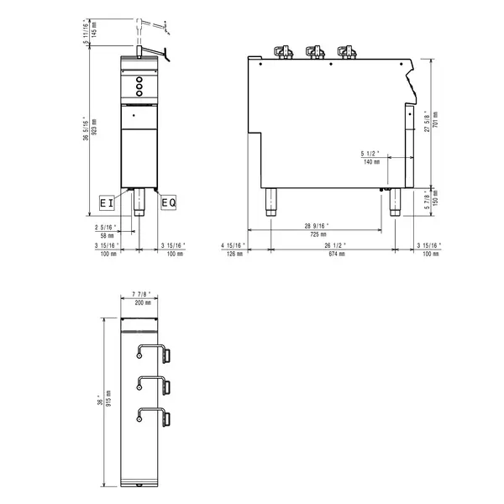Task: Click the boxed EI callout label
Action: click(x=106, y=202)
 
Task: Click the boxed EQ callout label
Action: click(x=168, y=202)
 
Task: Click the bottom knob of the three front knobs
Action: click(x=137, y=95)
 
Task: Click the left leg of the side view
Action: click(x=271, y=202)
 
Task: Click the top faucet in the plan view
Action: click(x=154, y=351)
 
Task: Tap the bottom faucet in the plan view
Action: click(x=154, y=415)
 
